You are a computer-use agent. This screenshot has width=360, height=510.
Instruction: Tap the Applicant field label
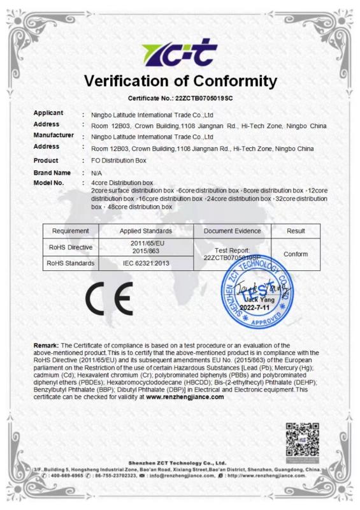(48, 113)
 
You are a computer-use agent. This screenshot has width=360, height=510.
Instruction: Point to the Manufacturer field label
(54, 135)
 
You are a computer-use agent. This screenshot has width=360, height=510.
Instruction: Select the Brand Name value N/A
(97, 173)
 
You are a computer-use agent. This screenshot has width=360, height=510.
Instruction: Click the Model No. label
(49, 183)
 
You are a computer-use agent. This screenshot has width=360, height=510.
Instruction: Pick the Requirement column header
(70, 230)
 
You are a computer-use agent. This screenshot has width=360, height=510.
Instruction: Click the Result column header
(296, 230)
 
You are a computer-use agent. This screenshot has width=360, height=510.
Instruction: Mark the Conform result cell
(296, 254)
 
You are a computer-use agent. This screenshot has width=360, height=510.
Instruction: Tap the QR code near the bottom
(301, 439)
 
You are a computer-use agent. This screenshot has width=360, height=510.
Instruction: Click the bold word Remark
(47, 345)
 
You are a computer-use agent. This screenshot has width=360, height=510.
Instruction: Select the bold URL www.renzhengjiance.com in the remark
(185, 397)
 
